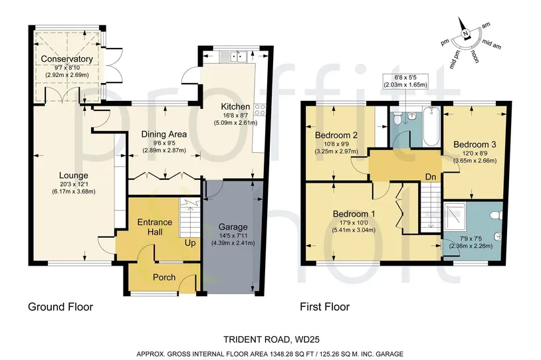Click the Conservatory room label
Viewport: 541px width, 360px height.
(x=67, y=59)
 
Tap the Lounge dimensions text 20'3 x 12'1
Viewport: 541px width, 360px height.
(x=74, y=184)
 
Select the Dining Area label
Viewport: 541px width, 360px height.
(x=164, y=134)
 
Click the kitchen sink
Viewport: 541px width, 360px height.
(x=238, y=56)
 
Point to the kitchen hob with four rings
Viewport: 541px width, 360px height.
(x=259, y=110)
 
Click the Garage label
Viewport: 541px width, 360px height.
(x=233, y=227)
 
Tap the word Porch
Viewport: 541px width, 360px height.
(x=164, y=277)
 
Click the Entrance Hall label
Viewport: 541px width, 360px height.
(x=155, y=227)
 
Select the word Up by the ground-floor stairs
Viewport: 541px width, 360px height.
(x=190, y=242)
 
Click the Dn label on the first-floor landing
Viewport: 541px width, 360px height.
(x=431, y=177)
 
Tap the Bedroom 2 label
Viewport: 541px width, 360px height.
(x=336, y=135)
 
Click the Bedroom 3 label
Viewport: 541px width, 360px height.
(x=475, y=145)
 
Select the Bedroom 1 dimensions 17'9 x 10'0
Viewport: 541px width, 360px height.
(x=354, y=223)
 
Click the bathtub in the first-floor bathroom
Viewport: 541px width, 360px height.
(x=431, y=127)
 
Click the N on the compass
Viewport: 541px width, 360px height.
(x=465, y=34)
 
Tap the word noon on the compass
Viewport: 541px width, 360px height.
(x=475, y=56)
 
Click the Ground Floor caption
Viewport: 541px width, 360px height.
(x=60, y=307)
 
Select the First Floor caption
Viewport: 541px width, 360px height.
(x=325, y=307)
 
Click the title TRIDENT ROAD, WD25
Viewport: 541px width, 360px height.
(x=271, y=339)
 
